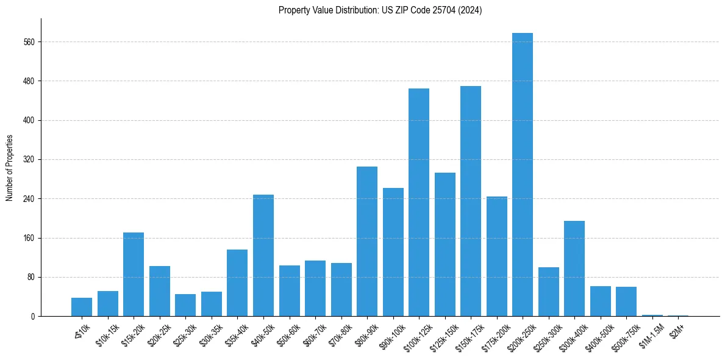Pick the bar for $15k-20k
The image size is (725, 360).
[x=134, y=274]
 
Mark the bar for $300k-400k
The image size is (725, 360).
[x=574, y=268]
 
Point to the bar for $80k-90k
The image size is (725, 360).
[x=367, y=241]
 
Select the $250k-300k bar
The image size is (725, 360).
[x=549, y=292]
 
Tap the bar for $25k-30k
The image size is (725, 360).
[x=185, y=305]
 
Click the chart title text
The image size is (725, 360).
[x=380, y=10]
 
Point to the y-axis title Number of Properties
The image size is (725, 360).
[x=9, y=168]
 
